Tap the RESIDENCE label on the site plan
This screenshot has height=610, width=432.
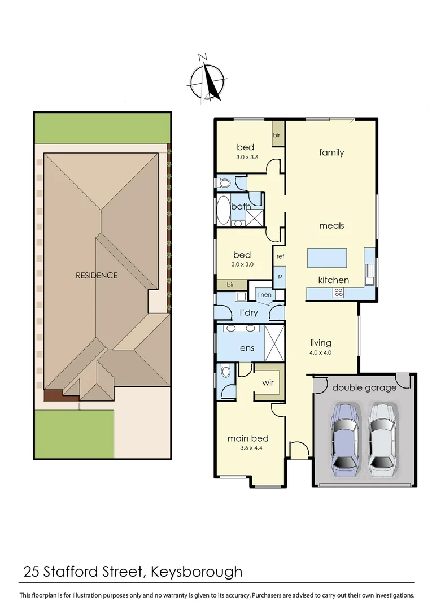[97, 276]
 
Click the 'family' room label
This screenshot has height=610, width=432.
[331, 152]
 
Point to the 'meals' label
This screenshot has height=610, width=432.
[331, 226]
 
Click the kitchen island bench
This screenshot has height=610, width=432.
[327, 258]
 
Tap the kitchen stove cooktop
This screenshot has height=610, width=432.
[339, 292]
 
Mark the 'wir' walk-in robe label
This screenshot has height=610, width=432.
[268, 382]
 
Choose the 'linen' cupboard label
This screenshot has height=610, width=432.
[264, 295]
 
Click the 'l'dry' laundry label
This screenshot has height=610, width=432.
[248, 312]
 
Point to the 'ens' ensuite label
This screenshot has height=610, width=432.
[247, 348]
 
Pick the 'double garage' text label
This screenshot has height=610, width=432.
[364, 387]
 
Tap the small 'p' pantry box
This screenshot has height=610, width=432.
[280, 277]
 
